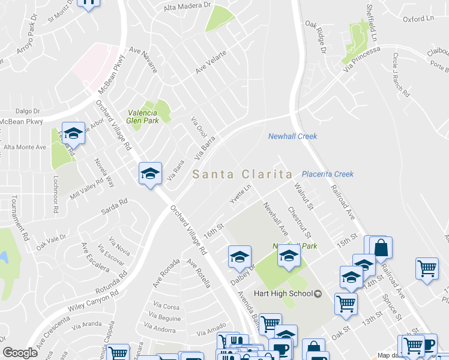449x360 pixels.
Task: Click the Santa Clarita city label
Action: tap(243, 175)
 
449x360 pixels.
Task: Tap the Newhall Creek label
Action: tap(292, 137)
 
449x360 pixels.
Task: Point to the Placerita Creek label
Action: tap(328, 174)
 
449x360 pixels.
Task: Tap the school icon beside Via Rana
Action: tap(150, 174)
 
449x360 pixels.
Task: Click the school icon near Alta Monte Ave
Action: tap(73, 133)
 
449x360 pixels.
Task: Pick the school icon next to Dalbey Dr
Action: tap(239, 257)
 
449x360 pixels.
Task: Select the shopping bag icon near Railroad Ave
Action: tap(381, 248)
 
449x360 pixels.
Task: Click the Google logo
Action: tap(20, 353)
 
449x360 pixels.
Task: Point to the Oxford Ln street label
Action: tap(418, 19)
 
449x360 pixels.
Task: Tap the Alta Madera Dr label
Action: tap(189, 6)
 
